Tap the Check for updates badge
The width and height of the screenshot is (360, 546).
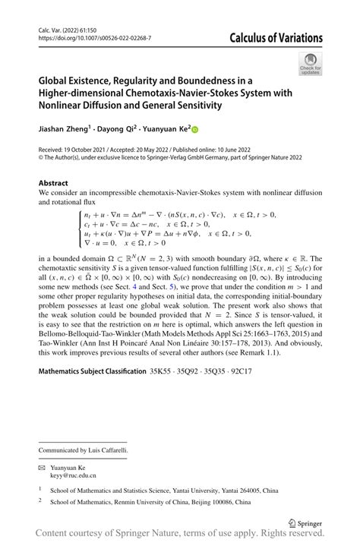(310, 65)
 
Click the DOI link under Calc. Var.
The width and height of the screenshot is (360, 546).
(94, 37)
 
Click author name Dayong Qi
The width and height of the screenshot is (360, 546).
(125, 130)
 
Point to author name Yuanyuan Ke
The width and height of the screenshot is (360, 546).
(172, 130)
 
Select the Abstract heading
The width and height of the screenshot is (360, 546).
(55, 183)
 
